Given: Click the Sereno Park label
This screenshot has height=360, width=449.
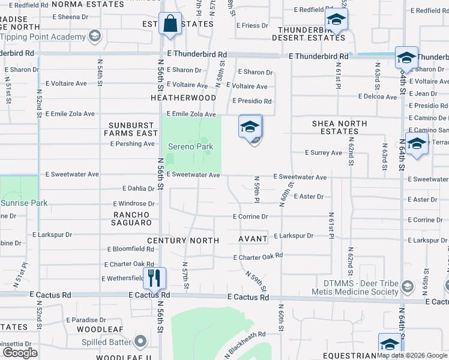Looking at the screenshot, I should tap(190, 146).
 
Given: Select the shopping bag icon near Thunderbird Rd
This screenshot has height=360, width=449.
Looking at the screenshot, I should tap(170, 23).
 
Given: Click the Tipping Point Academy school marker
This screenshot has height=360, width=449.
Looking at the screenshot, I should tap(94, 37).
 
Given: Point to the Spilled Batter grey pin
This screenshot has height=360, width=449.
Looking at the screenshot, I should tap(141, 341).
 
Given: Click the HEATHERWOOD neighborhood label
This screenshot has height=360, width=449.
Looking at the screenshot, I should tap(183, 97).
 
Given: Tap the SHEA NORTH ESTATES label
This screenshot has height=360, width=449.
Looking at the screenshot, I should tap(339, 127).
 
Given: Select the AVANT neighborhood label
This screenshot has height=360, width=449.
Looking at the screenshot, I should tap(253, 239).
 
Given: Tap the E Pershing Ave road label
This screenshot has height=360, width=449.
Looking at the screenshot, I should tap(132, 144).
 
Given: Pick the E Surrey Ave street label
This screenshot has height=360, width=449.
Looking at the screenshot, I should tap(323, 153).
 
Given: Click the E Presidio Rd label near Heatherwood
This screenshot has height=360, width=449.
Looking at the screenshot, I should tap(252, 101).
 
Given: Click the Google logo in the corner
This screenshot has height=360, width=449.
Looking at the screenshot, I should tap(19, 352).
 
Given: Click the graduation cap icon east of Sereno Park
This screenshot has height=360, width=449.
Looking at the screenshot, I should tap(250, 127).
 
